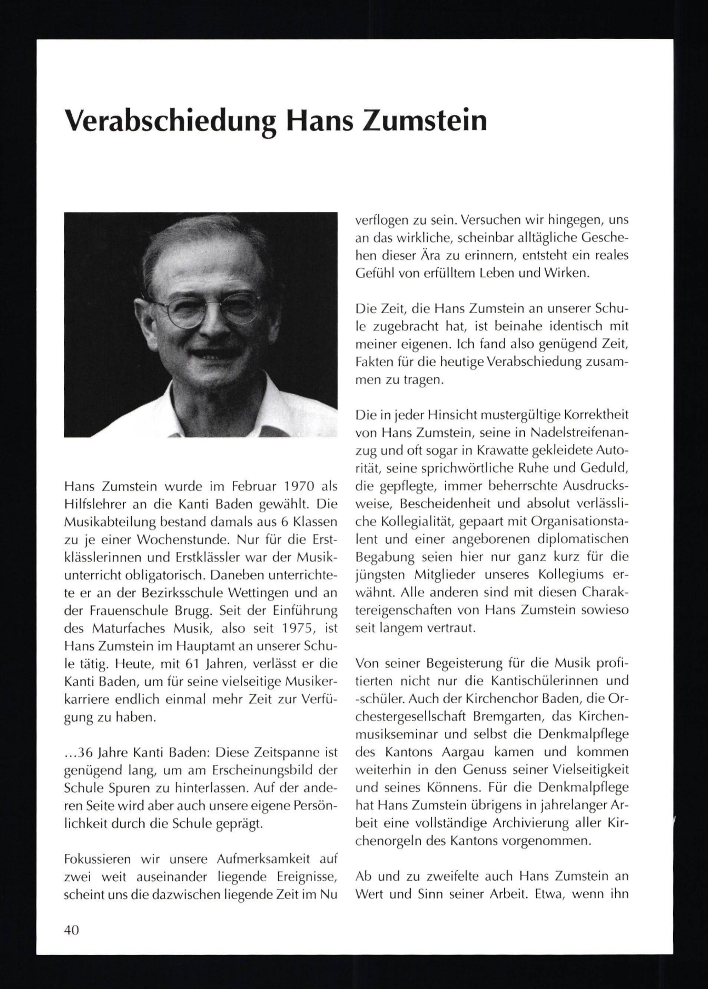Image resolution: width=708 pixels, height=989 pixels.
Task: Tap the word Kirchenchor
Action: [488, 699]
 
